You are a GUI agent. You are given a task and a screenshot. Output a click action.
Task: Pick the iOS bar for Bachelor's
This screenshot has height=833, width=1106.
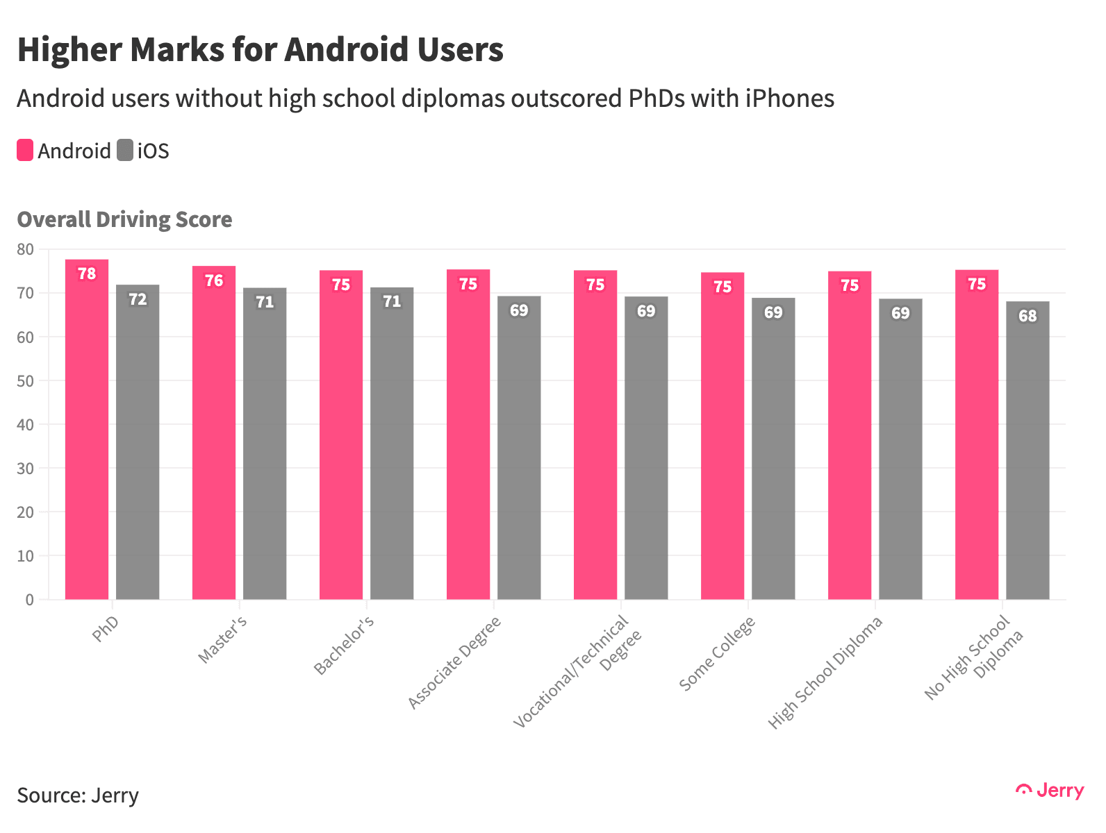(392, 444)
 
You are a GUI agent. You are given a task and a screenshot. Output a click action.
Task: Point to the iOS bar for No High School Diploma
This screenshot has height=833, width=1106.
(1027, 451)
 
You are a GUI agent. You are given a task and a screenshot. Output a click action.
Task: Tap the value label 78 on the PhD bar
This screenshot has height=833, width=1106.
(87, 274)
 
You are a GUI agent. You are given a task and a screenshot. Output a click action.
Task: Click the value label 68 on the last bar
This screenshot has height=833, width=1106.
(1027, 317)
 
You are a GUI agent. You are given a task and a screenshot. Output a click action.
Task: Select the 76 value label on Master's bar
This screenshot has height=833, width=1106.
(214, 281)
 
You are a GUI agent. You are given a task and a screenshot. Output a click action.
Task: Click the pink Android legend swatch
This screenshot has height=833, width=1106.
(25, 151)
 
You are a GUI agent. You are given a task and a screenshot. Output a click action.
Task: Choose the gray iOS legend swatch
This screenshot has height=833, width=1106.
(125, 151)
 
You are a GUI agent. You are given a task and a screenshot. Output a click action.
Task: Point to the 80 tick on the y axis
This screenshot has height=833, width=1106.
(25, 249)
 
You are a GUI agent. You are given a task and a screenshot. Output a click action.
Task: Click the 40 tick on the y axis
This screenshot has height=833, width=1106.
(25, 424)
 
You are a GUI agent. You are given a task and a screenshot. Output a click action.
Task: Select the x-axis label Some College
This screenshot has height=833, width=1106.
(718, 654)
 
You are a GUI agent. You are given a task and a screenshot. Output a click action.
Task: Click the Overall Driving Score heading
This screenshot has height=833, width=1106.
(124, 219)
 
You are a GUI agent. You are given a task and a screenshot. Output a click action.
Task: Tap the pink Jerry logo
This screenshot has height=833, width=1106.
(1050, 791)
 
